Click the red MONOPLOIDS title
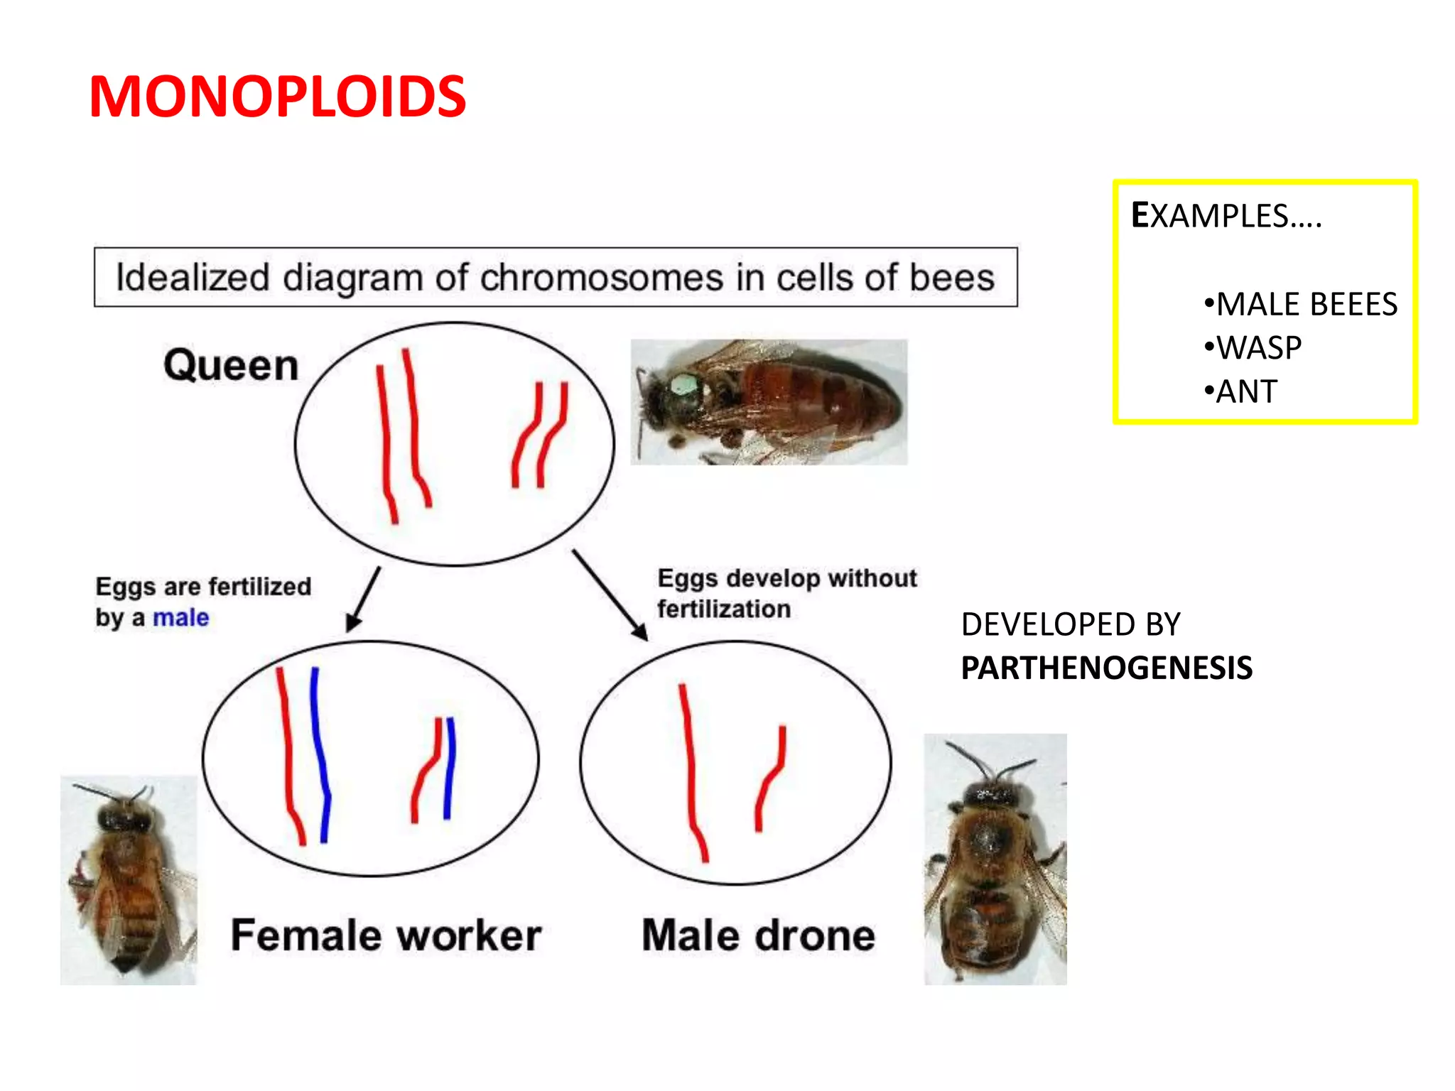(277, 97)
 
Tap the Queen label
(231, 366)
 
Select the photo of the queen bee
(769, 402)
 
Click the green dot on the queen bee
(684, 386)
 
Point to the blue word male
(180, 618)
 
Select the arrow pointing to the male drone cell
(610, 595)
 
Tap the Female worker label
(386, 935)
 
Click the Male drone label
(758, 935)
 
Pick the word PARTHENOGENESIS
(1106, 668)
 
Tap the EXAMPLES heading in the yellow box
(1226, 216)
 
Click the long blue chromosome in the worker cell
(320, 753)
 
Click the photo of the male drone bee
(995, 859)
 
